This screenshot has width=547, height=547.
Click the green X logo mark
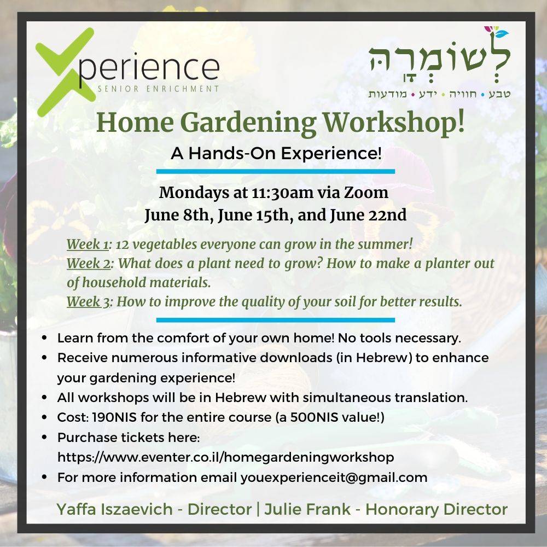(65, 72)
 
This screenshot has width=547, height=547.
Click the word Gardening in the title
(248, 123)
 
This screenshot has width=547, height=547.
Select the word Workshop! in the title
(394, 122)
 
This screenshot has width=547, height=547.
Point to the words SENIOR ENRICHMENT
(159, 89)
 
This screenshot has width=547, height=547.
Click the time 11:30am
(282, 192)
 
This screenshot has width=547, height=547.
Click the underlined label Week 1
(88, 244)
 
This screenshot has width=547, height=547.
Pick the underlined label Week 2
(89, 264)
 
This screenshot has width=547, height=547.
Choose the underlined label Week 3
(89, 302)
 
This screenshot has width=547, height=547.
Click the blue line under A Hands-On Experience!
(276, 171)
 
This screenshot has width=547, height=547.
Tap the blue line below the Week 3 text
(276, 320)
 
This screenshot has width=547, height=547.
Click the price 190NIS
(114, 417)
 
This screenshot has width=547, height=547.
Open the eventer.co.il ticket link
(226, 457)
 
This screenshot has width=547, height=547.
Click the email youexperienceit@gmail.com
(334, 477)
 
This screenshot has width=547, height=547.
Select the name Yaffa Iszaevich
(114, 509)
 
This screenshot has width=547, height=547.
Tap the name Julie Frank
(307, 509)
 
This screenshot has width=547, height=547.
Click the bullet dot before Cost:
(44, 417)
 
